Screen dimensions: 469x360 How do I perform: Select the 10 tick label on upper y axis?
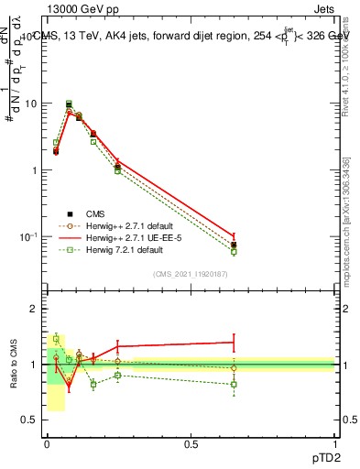[30, 104]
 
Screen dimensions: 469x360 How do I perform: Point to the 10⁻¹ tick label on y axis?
[27, 236]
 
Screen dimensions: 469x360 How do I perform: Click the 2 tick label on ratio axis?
[33, 309]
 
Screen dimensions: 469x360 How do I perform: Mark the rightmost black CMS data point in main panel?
[234, 245]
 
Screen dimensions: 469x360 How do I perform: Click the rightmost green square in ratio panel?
[234, 385]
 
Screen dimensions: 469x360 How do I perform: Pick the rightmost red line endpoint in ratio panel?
[234, 342]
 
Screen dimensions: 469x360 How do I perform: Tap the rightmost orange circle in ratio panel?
[234, 368]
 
